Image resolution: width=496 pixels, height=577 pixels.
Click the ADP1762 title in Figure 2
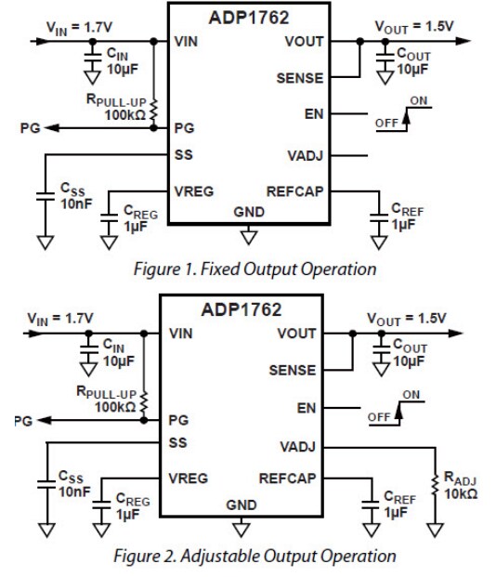pyautogui.click(x=241, y=309)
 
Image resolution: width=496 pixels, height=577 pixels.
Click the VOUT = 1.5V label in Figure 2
pyautogui.click(x=406, y=318)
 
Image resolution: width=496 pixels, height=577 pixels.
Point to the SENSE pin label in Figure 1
pyautogui.click(x=300, y=79)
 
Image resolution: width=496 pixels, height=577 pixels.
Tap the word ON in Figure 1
pyautogui.click(x=419, y=100)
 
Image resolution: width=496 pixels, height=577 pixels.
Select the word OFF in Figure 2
pyautogui.click(x=379, y=417)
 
